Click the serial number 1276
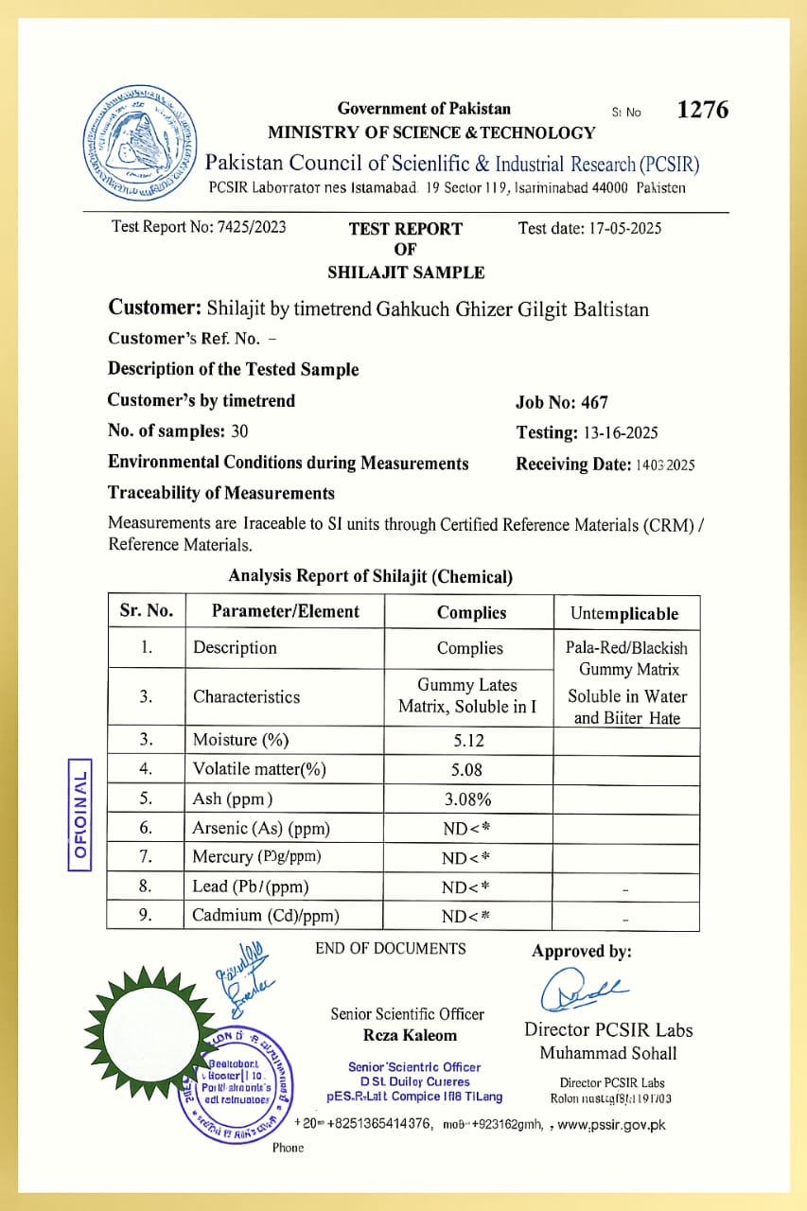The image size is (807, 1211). pos(703,110)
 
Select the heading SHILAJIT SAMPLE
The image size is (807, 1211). pos(406,272)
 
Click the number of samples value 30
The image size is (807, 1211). pos(239,431)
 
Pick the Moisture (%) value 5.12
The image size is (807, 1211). pos(469,740)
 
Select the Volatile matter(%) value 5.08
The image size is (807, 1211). pos(469,769)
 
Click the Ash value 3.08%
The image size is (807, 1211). pos(469,799)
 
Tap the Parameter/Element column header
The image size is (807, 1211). pos(285,611)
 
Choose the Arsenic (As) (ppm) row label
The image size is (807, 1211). pos(261,828)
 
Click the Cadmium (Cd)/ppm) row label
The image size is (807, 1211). pos(266,915)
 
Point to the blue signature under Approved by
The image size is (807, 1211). pos(581,989)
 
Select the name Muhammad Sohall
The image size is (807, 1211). pos(608,1053)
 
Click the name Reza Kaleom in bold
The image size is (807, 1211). pos(410,1035)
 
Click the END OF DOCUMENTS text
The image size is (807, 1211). pos(391,948)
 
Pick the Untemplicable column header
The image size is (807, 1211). pos(624,613)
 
